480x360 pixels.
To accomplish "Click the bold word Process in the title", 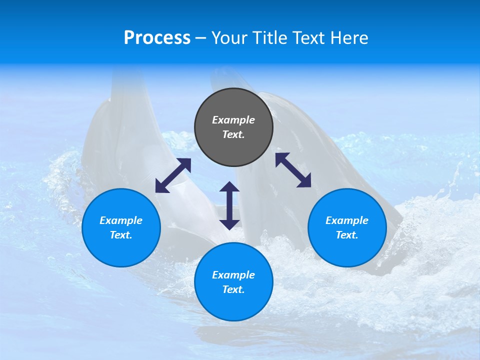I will (157, 38).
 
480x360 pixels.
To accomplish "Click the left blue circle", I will (121, 250).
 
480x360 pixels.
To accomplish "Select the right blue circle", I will (347, 250).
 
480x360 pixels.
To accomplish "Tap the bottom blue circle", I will (233, 305).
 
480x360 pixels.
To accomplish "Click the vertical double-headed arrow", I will (229, 205).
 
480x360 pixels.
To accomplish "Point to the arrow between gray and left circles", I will (173, 175).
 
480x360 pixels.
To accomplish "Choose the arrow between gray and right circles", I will (293, 170).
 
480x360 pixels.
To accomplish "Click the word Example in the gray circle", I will (233, 120).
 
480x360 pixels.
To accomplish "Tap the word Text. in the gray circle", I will (233, 134).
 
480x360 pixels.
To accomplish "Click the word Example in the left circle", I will (121, 220).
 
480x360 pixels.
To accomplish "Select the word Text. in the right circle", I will (347, 235).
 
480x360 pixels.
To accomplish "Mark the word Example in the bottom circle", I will (233, 275).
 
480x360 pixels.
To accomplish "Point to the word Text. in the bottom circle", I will (233, 289).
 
